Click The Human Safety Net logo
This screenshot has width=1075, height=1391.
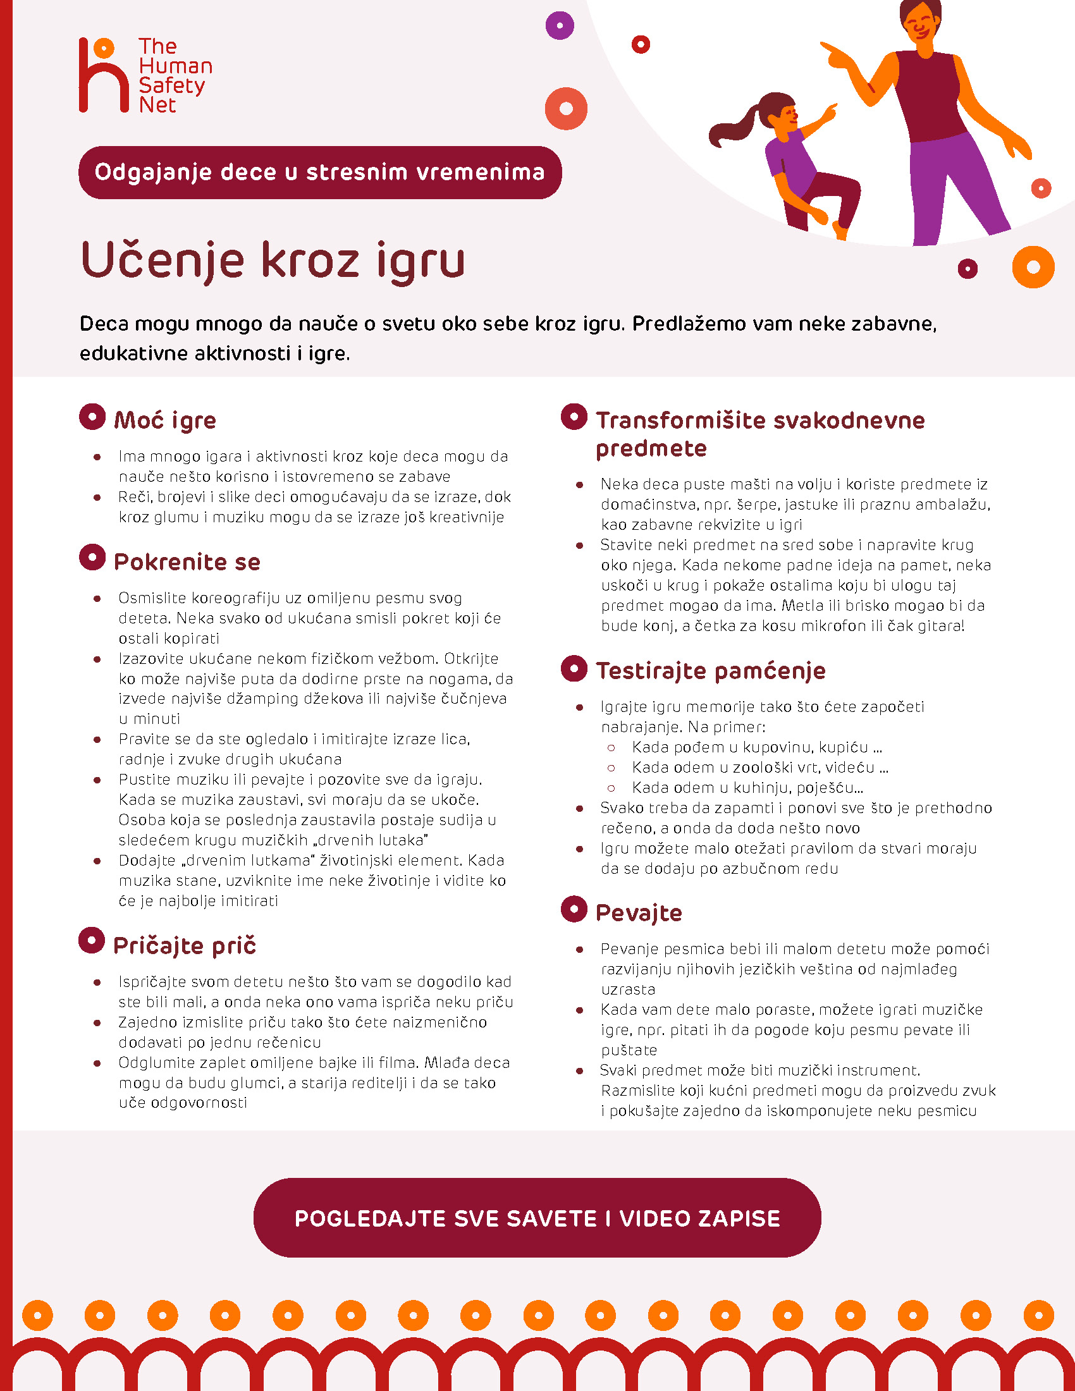pyautogui.click(x=145, y=75)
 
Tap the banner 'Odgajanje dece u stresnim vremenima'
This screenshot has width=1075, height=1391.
pyautogui.click(x=320, y=173)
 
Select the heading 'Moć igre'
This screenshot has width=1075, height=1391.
pyautogui.click(x=165, y=420)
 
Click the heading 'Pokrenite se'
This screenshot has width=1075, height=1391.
pyautogui.click(x=187, y=561)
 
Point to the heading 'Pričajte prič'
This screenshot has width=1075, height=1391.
pyautogui.click(x=185, y=945)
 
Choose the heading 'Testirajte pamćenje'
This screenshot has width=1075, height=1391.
pyautogui.click(x=711, y=671)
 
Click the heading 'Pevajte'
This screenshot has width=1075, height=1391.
pyautogui.click(x=639, y=912)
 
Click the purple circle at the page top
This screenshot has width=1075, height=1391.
pyautogui.click(x=560, y=26)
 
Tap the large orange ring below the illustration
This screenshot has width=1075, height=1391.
pyautogui.click(x=1033, y=267)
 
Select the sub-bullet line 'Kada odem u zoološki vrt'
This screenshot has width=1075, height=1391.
pyautogui.click(x=759, y=768)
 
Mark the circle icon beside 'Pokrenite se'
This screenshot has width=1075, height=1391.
pyautogui.click(x=92, y=557)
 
